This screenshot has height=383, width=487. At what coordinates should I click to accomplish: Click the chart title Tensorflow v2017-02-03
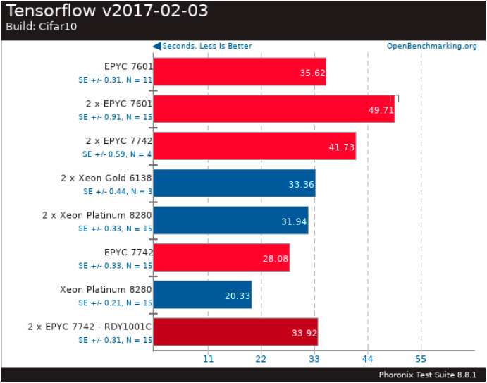pyautogui.click(x=106, y=11)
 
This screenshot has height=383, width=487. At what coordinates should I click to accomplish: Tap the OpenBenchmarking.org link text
pyautogui.click(x=431, y=47)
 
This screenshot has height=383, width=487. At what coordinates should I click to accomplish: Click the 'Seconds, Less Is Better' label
pyautogui.click(x=206, y=47)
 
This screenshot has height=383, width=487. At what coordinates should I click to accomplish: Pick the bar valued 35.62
pyautogui.click(x=239, y=71)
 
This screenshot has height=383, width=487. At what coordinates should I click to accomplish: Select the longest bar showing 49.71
pyautogui.click(x=273, y=109)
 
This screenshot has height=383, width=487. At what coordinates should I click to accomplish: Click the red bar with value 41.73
pyautogui.click(x=254, y=146)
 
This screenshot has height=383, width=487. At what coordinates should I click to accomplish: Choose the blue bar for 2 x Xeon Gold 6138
pyautogui.click(x=234, y=183)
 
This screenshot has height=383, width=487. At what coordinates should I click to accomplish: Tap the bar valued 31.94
pyautogui.click(x=230, y=220)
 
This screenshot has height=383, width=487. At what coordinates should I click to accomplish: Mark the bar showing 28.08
pyautogui.click(x=221, y=257)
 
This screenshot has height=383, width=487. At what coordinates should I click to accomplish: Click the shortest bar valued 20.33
pyautogui.click(x=202, y=295)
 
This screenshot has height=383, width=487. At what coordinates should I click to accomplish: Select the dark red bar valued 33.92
pyautogui.click(x=235, y=332)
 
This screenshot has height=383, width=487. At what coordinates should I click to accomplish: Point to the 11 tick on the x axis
pyautogui.click(x=208, y=359)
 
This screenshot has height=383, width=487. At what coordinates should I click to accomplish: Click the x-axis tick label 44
pyautogui.click(x=367, y=359)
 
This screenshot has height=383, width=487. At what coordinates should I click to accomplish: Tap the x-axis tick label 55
pyautogui.click(x=421, y=359)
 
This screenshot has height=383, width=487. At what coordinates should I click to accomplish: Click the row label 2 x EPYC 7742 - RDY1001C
pyautogui.click(x=90, y=327)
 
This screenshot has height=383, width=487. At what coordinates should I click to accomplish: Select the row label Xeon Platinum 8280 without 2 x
pyautogui.click(x=106, y=290)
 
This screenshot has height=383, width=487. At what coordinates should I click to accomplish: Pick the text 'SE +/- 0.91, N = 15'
pyautogui.click(x=115, y=117)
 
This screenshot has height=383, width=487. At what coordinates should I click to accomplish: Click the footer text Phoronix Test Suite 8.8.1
pyautogui.click(x=428, y=375)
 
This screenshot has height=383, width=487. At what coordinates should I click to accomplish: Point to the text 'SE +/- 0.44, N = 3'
pyautogui.click(x=117, y=191)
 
